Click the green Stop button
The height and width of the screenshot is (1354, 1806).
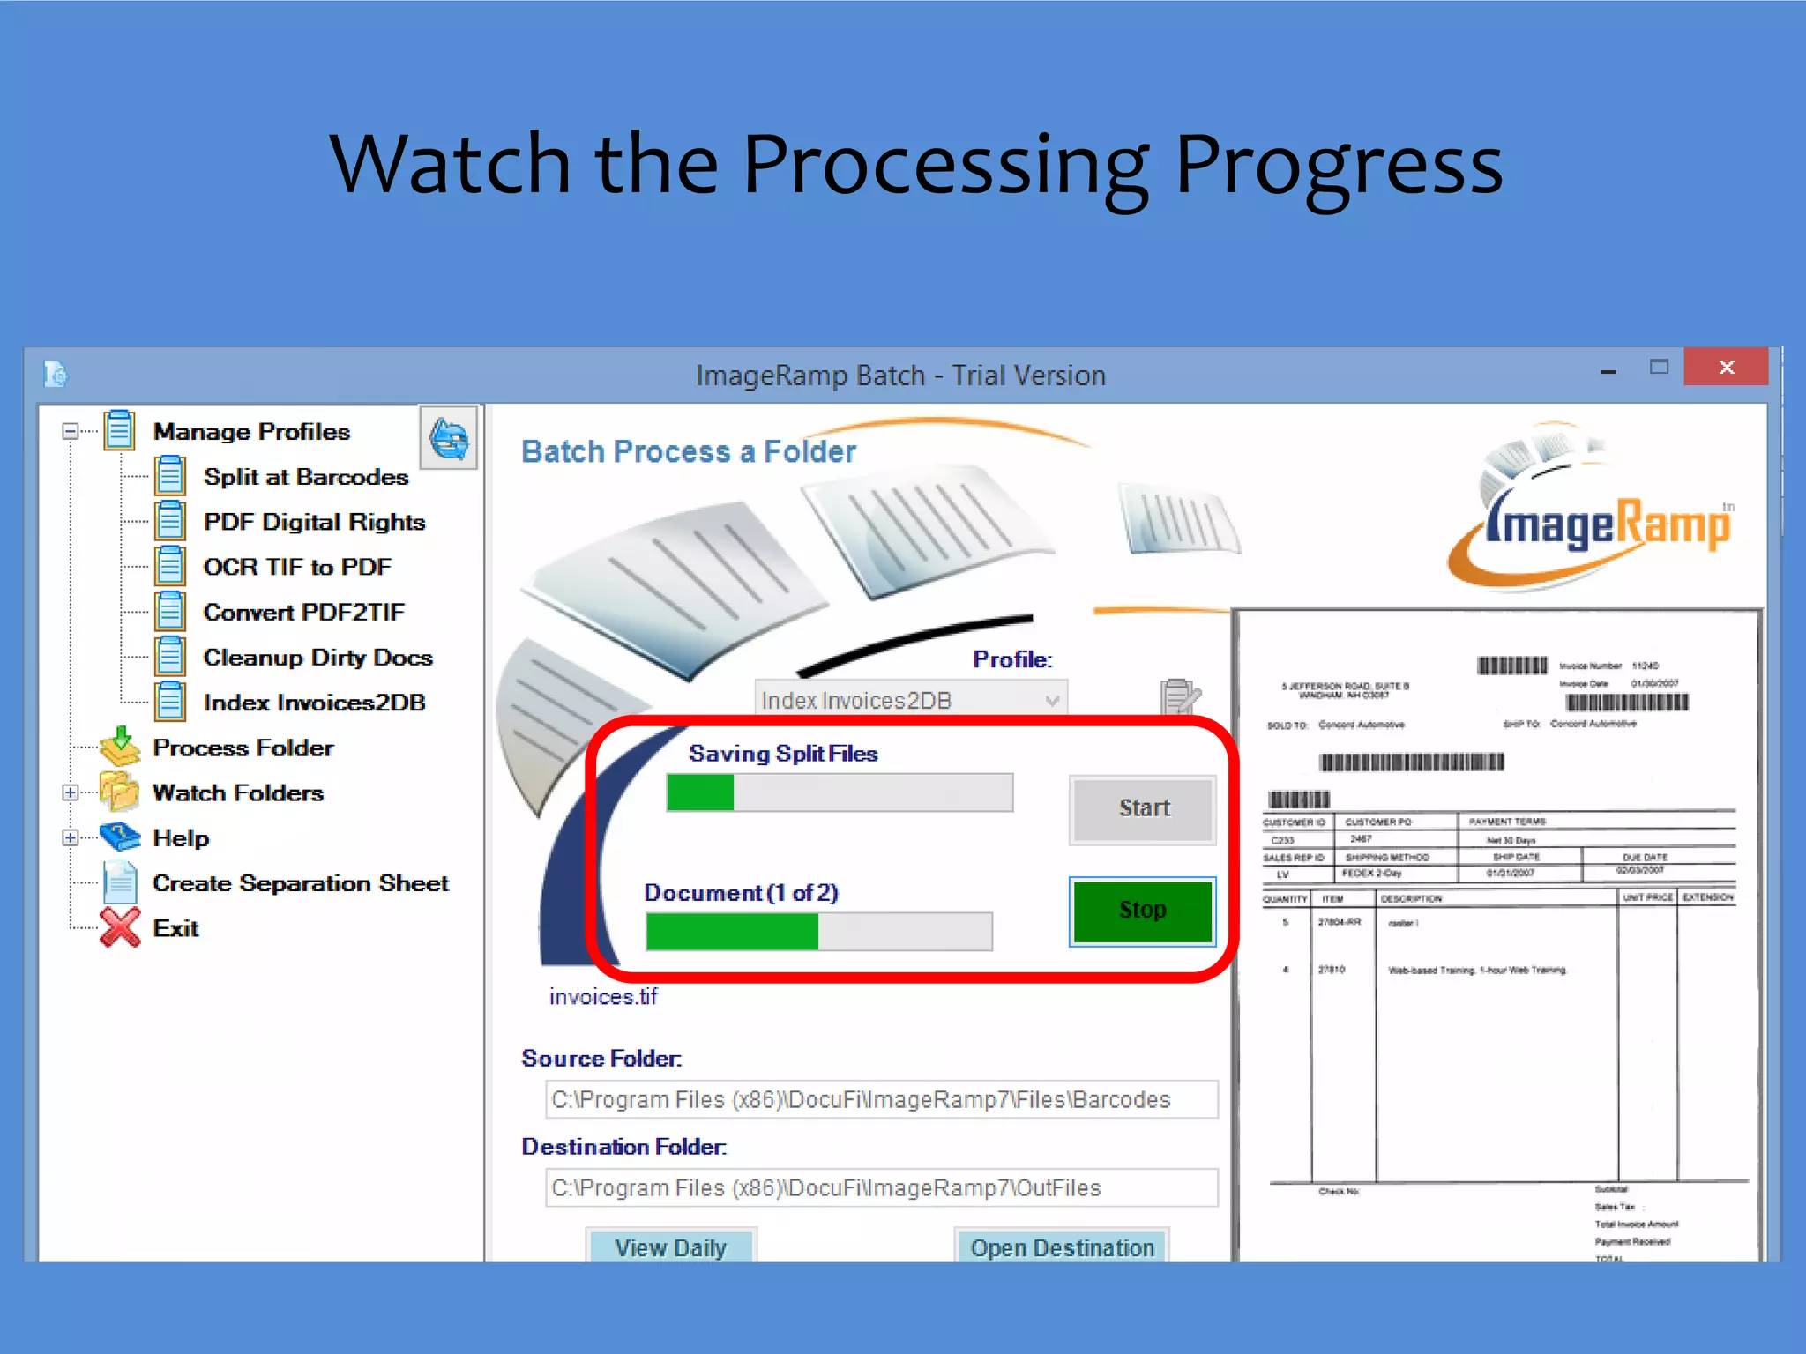coord(1142,911)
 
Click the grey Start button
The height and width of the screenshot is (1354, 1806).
coord(1143,808)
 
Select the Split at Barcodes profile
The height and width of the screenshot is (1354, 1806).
coord(305,477)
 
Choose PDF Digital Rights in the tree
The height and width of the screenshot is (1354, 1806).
coord(313,522)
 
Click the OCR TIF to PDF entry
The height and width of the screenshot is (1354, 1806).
coord(297,567)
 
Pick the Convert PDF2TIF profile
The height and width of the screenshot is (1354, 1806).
coord(303,612)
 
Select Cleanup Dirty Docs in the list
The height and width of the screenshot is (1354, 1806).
coord(317,658)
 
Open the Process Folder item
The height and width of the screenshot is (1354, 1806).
coord(243,748)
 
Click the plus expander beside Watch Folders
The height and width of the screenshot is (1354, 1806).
coord(71,792)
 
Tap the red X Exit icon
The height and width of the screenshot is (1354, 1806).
coord(120,927)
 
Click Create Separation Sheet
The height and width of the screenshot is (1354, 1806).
coord(300,883)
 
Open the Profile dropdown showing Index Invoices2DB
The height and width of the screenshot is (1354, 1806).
coord(910,701)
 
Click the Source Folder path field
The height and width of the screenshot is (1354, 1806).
coord(881,1099)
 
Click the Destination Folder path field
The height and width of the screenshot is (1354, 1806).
coord(881,1187)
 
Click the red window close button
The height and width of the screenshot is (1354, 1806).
coord(1725,367)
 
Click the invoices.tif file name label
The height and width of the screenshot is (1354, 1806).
coord(603,997)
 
